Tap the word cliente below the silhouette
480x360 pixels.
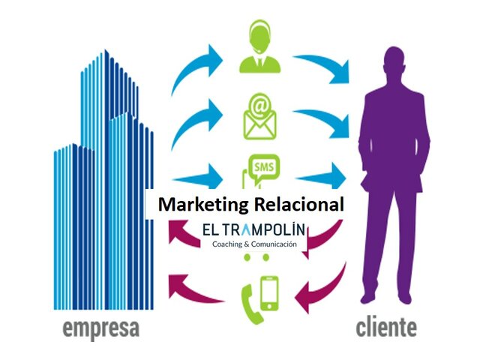(387, 328)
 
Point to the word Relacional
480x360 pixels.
(299, 203)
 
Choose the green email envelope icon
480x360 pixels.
(259, 115)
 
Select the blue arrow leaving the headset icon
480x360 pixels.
(322, 68)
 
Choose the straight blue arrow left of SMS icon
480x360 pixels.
(197, 179)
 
